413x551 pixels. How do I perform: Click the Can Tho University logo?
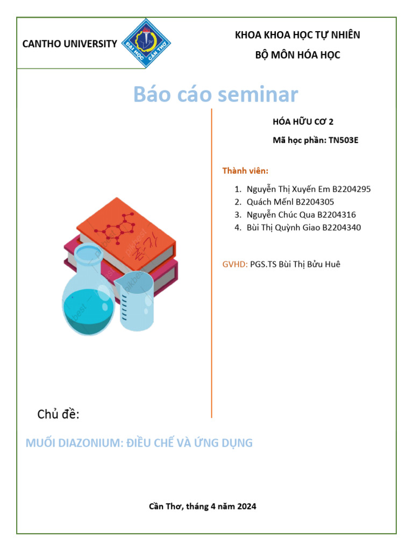143,43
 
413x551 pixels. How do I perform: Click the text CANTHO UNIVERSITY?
69,44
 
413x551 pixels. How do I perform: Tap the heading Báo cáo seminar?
215,95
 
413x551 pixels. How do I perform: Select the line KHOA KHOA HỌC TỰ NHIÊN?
297,36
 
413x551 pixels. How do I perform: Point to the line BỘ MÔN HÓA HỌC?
297,55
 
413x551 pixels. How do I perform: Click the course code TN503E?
343,142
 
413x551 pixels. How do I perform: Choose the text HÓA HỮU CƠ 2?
303,122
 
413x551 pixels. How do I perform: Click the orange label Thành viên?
245,171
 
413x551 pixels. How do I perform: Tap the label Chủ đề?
58,414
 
